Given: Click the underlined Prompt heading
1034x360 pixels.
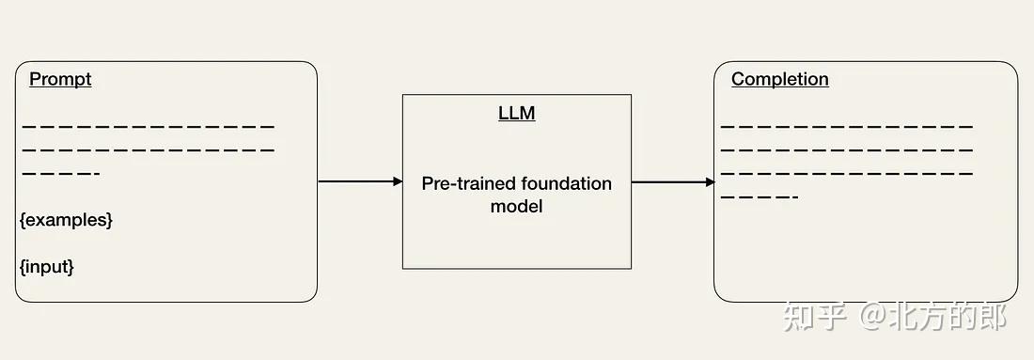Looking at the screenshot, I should point(60,79).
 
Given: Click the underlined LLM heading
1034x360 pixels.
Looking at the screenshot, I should point(516,114).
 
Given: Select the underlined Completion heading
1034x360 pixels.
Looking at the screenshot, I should point(779,79).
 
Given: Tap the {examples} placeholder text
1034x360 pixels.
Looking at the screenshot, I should point(66,220).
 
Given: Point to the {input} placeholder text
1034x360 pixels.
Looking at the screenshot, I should point(46,267).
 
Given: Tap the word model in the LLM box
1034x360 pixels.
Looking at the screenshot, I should point(516,206).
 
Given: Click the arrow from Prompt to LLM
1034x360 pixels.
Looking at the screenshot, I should point(357,181).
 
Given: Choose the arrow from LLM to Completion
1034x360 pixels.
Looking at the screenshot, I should point(671,182).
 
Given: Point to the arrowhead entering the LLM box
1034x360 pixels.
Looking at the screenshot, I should point(398,181).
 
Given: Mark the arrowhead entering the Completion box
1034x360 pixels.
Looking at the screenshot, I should point(710,182).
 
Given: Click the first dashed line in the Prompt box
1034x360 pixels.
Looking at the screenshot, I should point(148,126).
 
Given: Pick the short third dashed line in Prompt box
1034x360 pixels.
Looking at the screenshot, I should point(60,174).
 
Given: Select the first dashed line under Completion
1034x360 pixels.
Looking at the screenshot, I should point(846,126).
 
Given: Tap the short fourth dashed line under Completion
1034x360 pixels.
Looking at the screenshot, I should point(759,197).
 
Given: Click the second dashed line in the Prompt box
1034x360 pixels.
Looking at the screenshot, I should point(148,149).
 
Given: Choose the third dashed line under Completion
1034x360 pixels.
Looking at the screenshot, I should point(846,174).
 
